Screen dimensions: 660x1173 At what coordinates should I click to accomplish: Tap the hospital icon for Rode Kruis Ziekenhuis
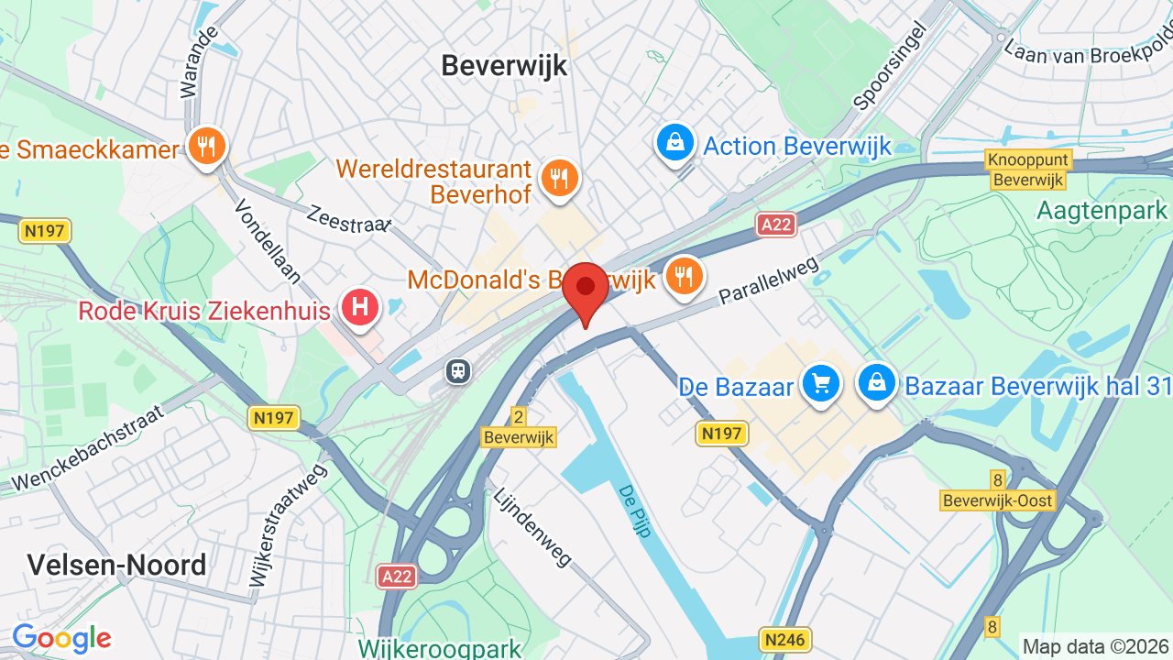click(x=360, y=307)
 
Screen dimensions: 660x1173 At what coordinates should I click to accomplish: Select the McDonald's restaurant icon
click(x=683, y=274)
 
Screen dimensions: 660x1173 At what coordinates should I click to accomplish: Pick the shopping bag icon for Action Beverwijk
click(x=675, y=143)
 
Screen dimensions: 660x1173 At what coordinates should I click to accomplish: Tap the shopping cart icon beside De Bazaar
click(x=820, y=384)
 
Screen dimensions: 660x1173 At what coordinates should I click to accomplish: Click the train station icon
click(x=457, y=370)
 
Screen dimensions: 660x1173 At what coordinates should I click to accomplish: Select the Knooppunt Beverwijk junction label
click(x=1028, y=170)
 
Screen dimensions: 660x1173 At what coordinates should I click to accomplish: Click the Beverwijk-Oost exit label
click(x=998, y=500)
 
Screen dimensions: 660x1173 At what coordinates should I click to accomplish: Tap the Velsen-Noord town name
click(x=116, y=565)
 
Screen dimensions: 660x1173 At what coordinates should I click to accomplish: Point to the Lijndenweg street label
click(x=532, y=527)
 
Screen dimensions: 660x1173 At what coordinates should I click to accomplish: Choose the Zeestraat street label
click(x=349, y=220)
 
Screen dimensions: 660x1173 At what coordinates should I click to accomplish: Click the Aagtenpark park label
click(x=1102, y=211)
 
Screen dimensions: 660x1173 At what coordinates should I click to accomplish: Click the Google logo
click(x=61, y=638)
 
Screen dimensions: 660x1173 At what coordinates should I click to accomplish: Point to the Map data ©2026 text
click(x=1095, y=646)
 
